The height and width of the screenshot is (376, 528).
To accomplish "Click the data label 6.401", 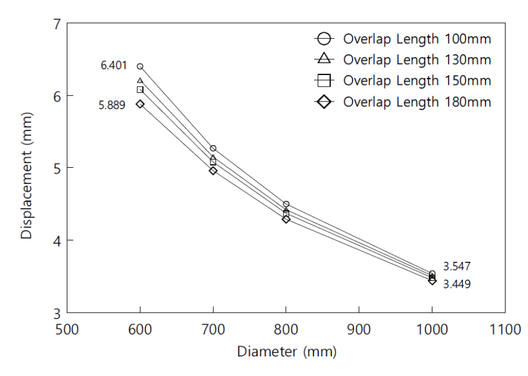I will point(114,66).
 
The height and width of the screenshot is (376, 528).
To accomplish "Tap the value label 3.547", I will point(457,266).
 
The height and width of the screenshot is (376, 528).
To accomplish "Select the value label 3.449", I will point(457,284).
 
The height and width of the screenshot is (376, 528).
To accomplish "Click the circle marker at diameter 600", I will point(140,67).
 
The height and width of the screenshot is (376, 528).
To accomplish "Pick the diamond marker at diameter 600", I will point(140,104).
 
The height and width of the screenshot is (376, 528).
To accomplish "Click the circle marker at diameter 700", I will point(213,148).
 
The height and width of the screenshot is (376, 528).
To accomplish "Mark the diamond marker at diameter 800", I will point(286,219).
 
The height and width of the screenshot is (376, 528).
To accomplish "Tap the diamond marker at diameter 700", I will point(213,171).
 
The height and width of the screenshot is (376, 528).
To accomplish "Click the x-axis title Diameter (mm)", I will point(286,351).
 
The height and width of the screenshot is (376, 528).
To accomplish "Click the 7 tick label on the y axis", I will point(56,24).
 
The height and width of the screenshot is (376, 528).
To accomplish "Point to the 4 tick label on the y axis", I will point(56,240).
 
